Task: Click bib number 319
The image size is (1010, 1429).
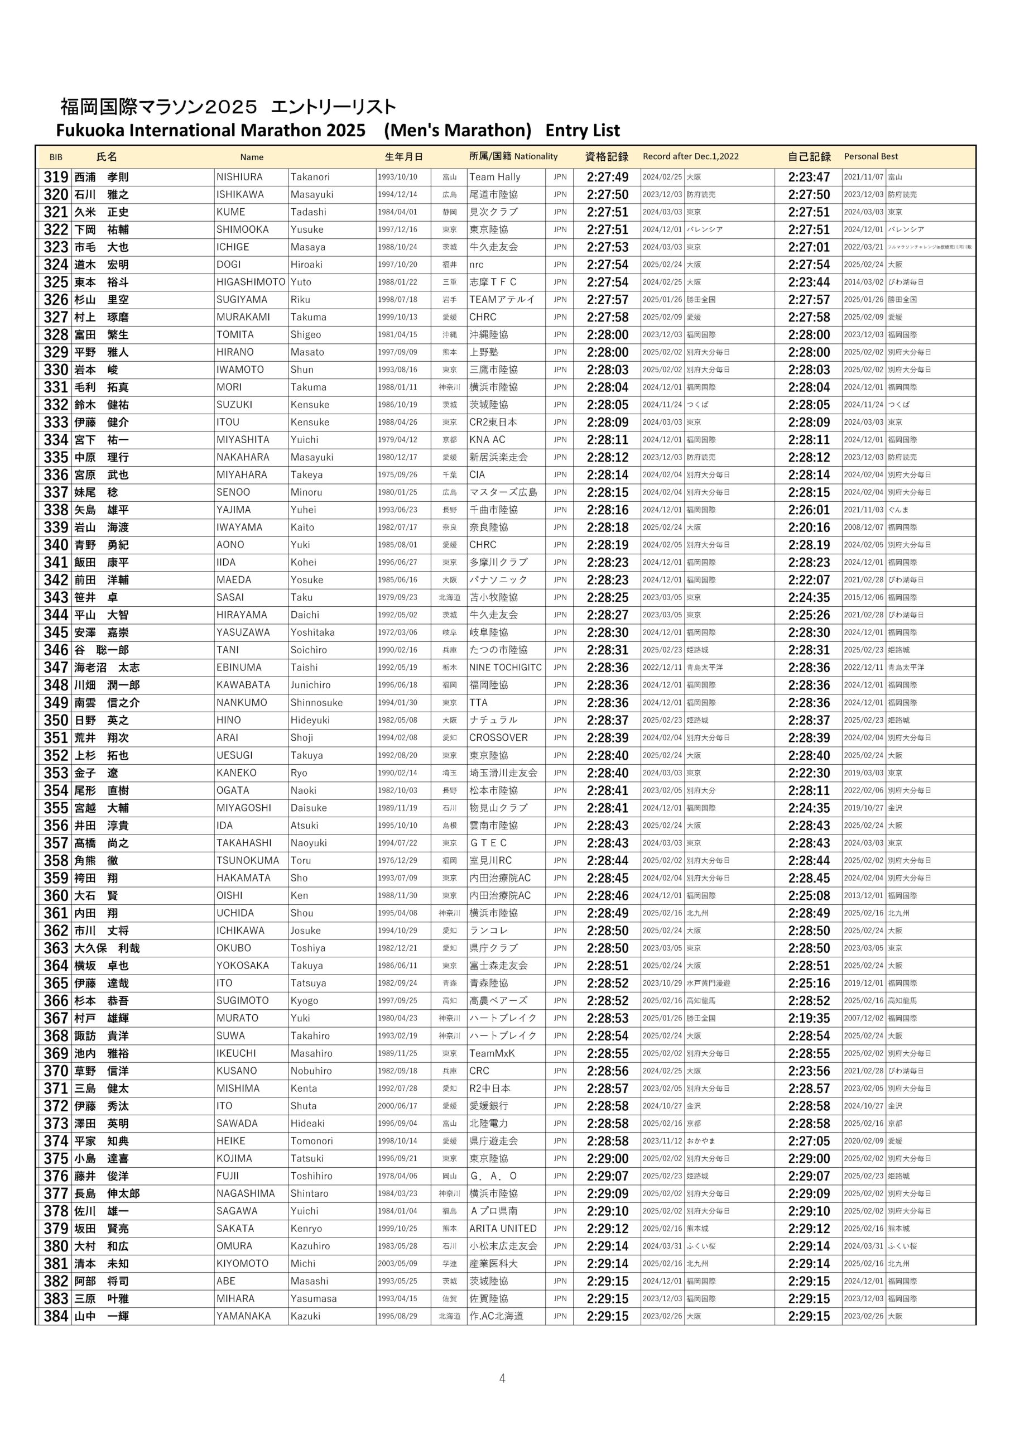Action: click(55, 178)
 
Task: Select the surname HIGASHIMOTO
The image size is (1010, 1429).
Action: click(251, 282)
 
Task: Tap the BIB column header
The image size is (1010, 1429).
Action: click(56, 157)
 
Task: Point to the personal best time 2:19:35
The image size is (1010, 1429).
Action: click(809, 1018)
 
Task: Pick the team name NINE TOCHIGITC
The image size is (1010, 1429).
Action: click(506, 667)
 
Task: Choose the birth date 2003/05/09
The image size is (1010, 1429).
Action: click(397, 1263)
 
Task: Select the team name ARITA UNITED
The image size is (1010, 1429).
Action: click(503, 1229)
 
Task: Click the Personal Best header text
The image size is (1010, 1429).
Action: click(870, 157)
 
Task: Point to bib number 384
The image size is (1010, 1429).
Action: click(55, 1316)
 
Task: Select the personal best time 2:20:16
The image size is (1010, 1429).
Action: click(809, 527)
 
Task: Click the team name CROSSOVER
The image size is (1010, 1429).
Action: click(498, 737)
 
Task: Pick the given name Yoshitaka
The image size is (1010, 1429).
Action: click(312, 632)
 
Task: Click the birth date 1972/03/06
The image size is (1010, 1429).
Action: click(397, 632)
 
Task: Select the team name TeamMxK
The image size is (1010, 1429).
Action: click(492, 1053)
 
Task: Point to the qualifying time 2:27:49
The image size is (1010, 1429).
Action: click(607, 178)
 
